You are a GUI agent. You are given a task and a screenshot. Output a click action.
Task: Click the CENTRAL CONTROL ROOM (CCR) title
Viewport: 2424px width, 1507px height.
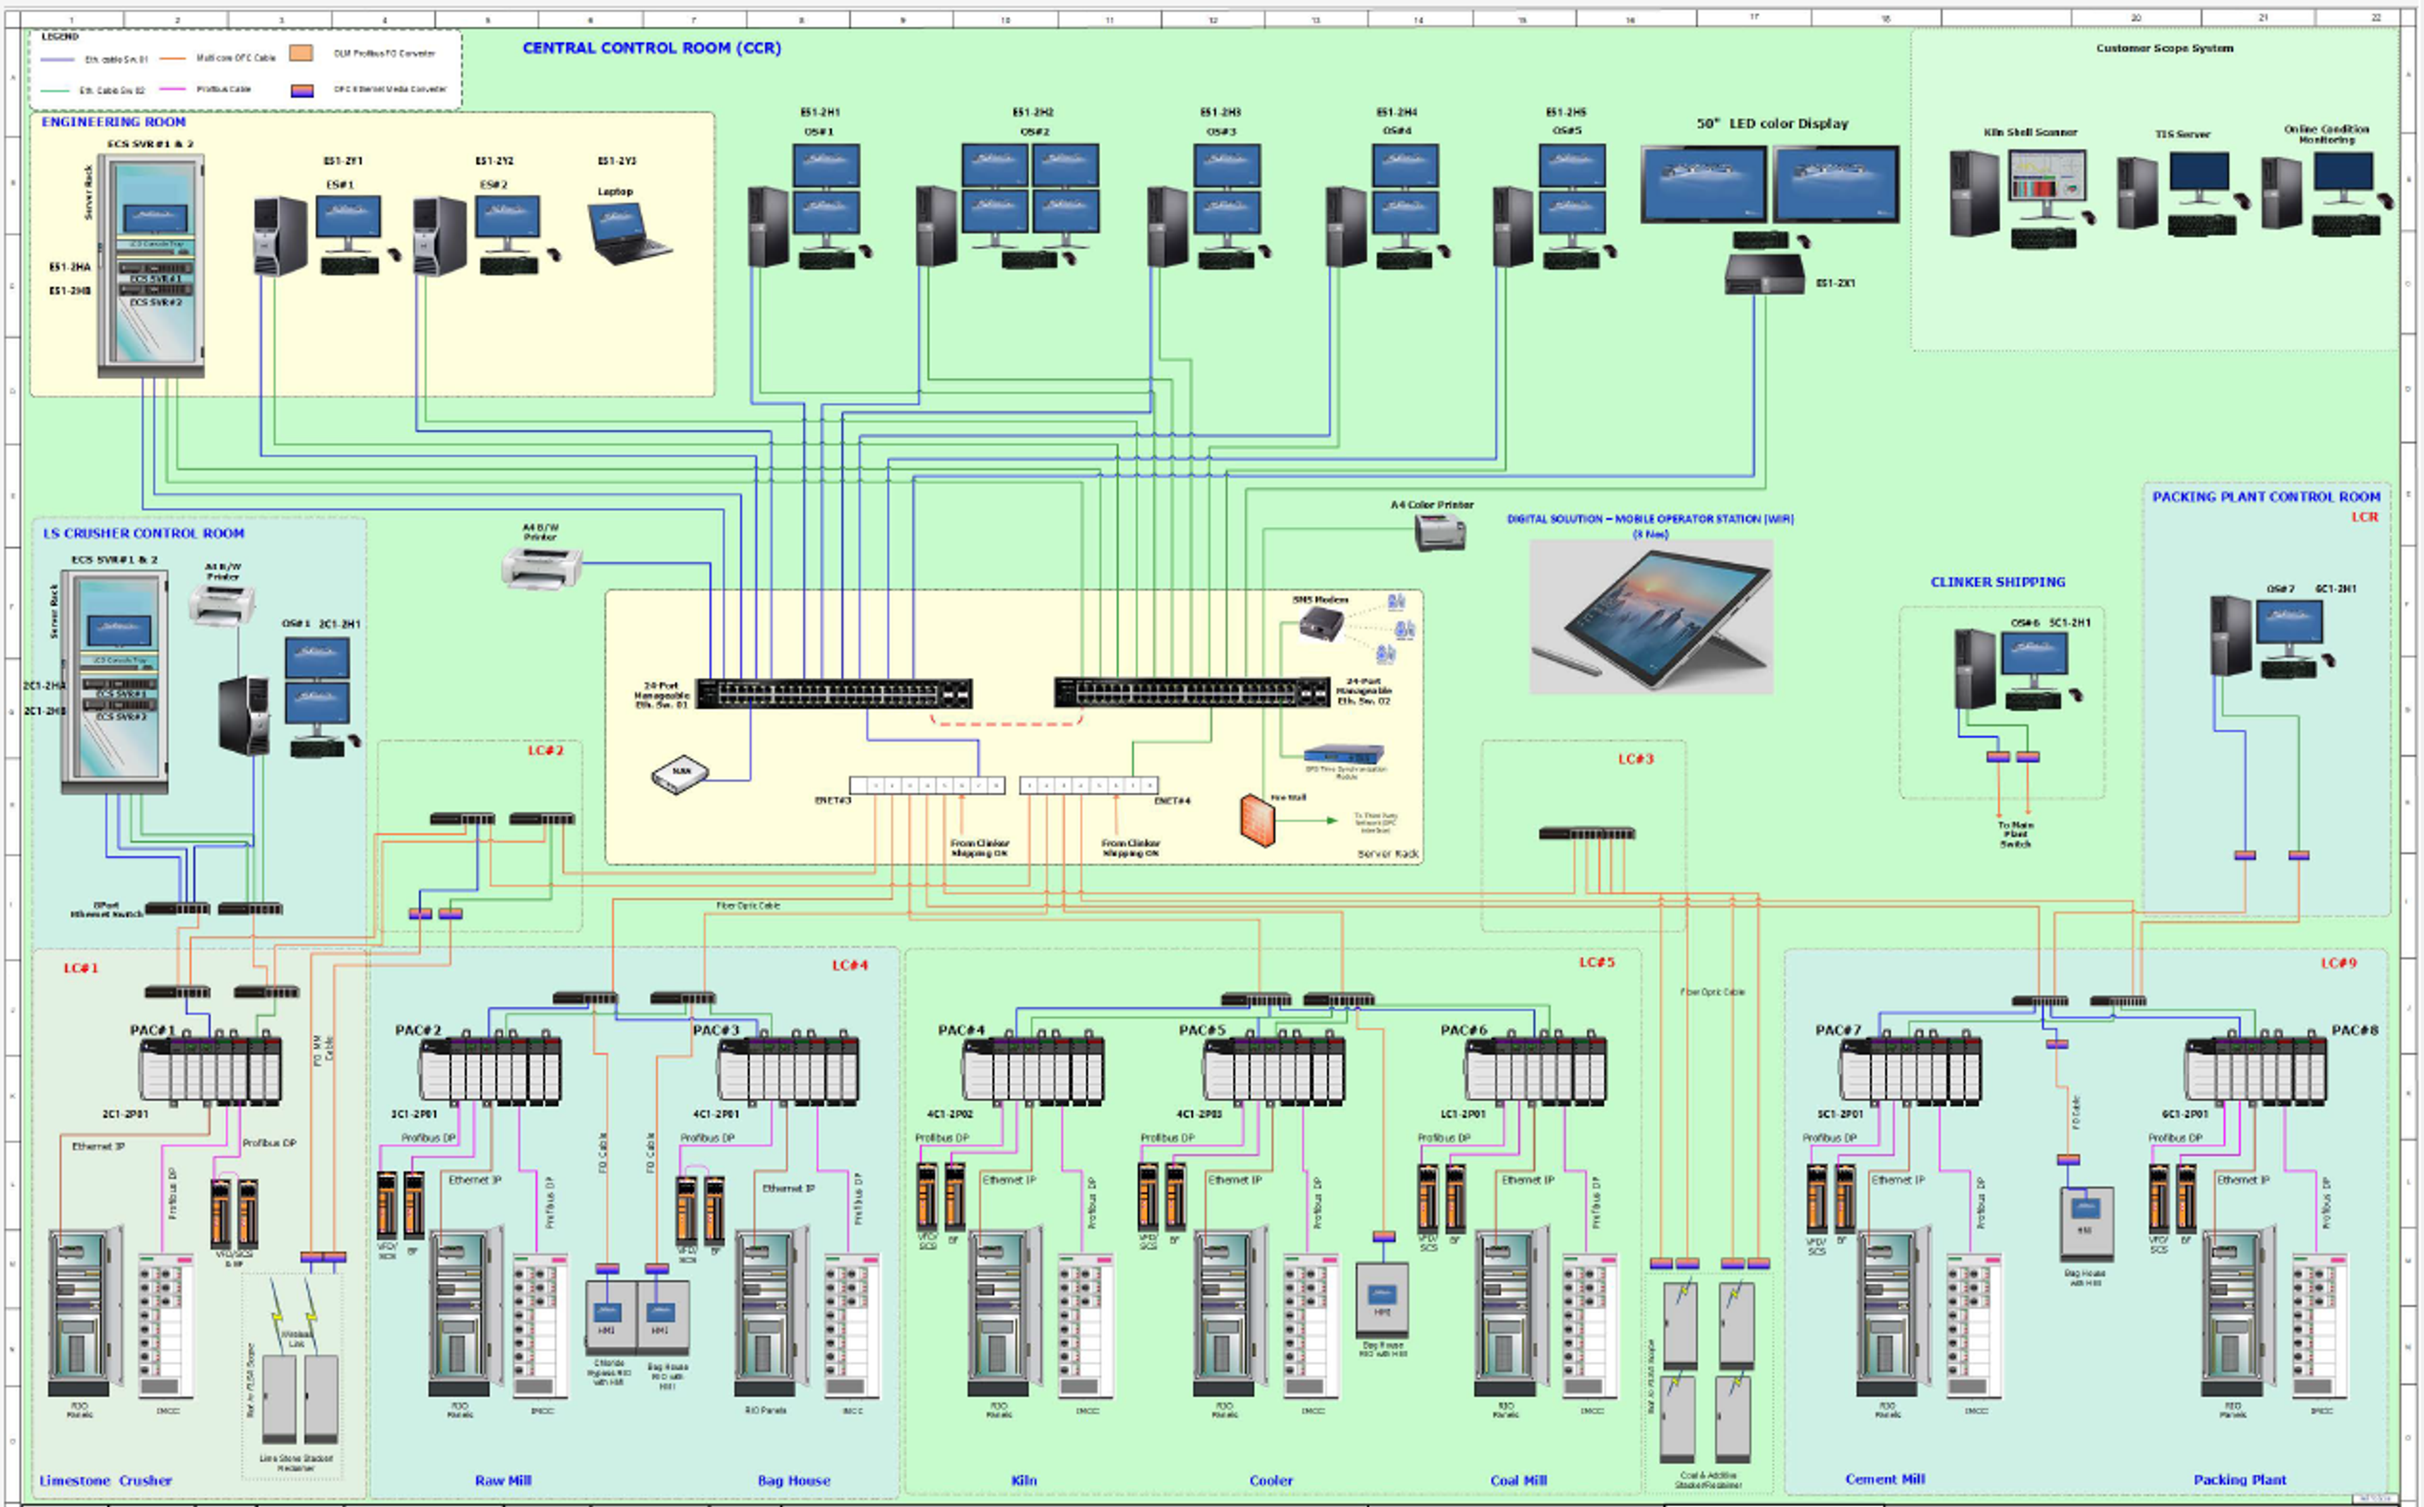coord(651,48)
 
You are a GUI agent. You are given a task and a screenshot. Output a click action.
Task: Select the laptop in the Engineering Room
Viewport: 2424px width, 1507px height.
coord(629,234)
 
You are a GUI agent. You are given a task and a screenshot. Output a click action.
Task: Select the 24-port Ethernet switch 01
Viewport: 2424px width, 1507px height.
coord(834,694)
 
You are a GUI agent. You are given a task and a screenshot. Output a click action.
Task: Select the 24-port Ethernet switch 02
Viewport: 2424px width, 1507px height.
coord(1192,692)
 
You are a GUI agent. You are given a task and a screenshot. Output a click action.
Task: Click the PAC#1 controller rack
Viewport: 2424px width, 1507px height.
coord(210,1069)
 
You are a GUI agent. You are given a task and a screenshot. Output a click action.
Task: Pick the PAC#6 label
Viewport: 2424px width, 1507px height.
coord(1463,1029)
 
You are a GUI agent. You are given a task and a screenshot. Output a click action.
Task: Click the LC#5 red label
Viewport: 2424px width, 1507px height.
coord(1596,962)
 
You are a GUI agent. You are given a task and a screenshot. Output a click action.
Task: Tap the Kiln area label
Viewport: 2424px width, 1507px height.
coord(1023,1480)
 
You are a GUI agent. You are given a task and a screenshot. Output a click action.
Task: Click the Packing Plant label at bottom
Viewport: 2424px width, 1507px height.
coord(2240,1479)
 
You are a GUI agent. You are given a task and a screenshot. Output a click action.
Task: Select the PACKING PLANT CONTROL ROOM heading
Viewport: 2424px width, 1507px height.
coord(2266,496)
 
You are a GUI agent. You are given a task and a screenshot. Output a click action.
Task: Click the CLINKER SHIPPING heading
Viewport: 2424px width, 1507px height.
coord(1997,582)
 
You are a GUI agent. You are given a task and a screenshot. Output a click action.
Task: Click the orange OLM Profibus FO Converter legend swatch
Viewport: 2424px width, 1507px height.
coord(300,53)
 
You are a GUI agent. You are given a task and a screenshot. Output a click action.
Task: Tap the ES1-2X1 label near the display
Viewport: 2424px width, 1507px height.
coord(1834,283)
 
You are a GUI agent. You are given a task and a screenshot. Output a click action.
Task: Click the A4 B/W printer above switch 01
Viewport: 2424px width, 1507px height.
coord(542,568)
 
